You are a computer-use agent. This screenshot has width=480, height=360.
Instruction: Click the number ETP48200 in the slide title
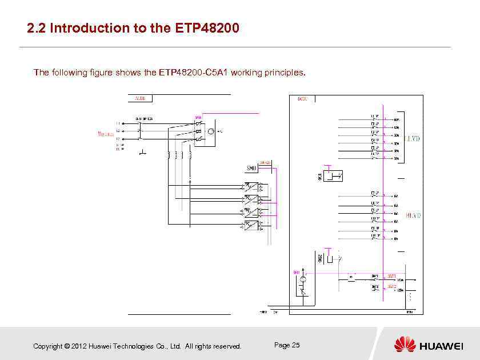click(x=204, y=27)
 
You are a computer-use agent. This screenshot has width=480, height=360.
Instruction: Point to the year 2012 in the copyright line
click(x=80, y=346)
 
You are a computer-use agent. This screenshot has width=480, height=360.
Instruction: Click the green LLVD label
click(x=413, y=138)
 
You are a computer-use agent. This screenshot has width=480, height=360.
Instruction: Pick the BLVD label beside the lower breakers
click(x=413, y=216)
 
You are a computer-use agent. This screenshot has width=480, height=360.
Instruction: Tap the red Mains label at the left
click(x=103, y=134)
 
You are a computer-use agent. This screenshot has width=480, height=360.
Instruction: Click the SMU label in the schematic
click(x=251, y=168)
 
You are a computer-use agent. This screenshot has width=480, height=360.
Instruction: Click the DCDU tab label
click(x=303, y=99)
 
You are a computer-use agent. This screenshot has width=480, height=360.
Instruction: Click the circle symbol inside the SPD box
click(x=210, y=132)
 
